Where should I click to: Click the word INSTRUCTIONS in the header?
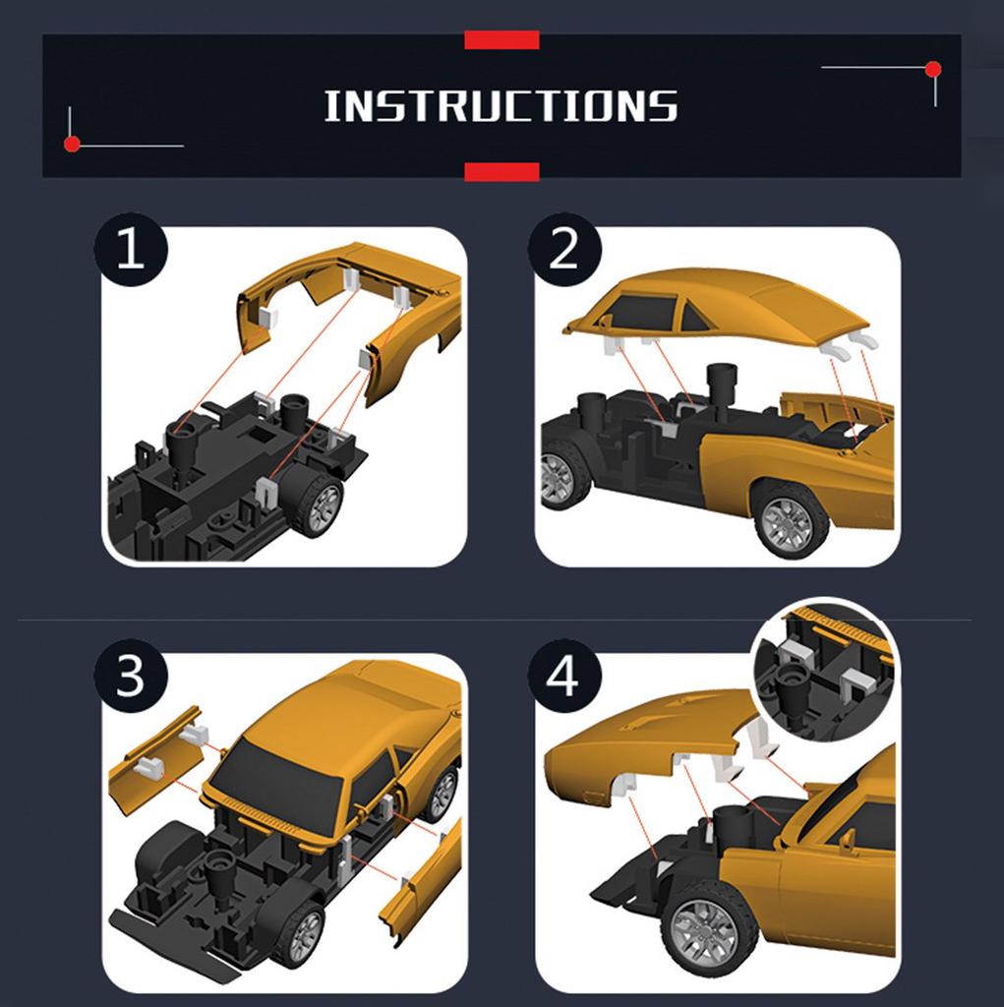(x=502, y=106)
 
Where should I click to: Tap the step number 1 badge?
(x=131, y=250)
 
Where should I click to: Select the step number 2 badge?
(x=564, y=250)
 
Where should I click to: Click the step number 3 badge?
(x=131, y=676)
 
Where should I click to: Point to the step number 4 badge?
(x=564, y=676)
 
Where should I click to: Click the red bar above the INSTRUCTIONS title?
(x=502, y=39)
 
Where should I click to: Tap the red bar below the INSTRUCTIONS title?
(x=502, y=172)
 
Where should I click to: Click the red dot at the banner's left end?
(x=72, y=145)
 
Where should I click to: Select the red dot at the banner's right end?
(x=933, y=70)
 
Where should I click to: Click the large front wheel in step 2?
(x=790, y=518)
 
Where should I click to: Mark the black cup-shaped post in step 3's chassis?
(x=219, y=877)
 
